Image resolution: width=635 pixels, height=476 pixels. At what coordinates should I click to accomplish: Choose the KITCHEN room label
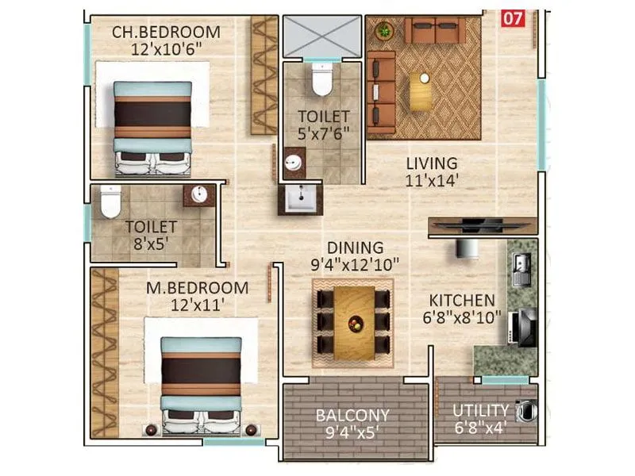(x=462, y=301)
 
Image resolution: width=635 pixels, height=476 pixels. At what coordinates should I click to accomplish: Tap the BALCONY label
(x=352, y=415)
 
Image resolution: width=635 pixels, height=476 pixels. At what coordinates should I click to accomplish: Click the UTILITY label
(x=480, y=410)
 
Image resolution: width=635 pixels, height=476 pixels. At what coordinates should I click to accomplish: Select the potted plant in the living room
(x=385, y=31)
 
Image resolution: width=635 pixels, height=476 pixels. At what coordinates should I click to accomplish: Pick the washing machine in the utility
(x=525, y=411)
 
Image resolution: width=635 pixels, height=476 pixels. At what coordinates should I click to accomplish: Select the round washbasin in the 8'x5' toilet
(x=197, y=195)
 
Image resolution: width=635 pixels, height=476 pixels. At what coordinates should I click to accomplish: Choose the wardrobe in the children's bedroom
(x=264, y=75)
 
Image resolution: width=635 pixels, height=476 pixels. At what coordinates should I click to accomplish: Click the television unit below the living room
(x=482, y=226)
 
